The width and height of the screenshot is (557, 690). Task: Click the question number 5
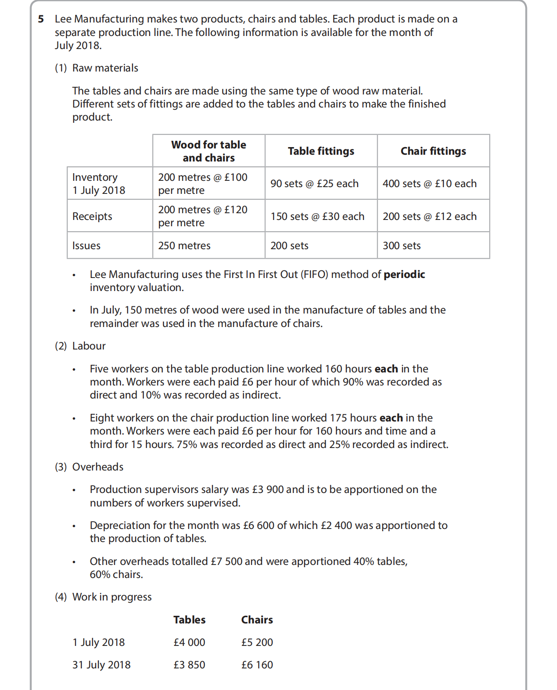[41, 19]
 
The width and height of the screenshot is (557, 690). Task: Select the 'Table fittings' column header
[321, 151]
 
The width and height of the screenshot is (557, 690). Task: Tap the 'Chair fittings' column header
[433, 151]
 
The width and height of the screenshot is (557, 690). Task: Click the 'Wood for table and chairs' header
[208, 151]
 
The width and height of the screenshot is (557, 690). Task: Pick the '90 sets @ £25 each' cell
[314, 184]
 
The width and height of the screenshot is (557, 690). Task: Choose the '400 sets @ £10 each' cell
[429, 184]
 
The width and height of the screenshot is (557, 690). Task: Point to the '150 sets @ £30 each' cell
[317, 216]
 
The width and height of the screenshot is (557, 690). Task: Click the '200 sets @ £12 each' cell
[429, 216]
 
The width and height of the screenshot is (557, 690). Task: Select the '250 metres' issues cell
[184, 246]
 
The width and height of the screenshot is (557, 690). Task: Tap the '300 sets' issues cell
[402, 246]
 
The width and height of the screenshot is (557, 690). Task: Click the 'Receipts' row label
[92, 216]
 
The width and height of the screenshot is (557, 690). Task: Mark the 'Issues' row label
[86, 246]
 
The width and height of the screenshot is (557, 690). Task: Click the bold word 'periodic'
[404, 274]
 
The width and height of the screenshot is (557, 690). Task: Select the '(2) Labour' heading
[80, 346]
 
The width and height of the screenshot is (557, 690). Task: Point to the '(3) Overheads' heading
[89, 467]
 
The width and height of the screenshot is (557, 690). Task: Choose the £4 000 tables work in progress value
[189, 642]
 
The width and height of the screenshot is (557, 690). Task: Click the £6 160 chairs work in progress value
[257, 665]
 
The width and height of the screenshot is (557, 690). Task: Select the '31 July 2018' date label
[101, 665]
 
